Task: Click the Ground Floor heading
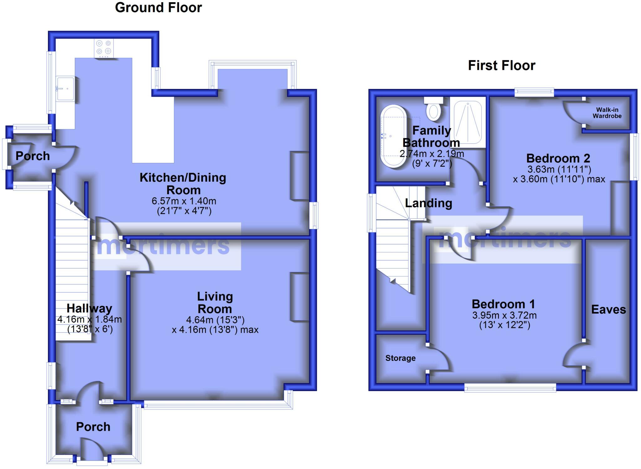(x=158, y=8)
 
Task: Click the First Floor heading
(x=501, y=65)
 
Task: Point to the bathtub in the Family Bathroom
(x=393, y=136)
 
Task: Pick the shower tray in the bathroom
(x=468, y=122)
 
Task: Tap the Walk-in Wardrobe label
(x=607, y=113)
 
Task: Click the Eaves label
(x=608, y=310)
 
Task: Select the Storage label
(x=400, y=358)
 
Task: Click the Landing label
(x=428, y=203)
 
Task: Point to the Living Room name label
(x=215, y=303)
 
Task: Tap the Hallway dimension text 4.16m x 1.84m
(x=90, y=320)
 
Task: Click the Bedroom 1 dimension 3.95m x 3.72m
(x=504, y=315)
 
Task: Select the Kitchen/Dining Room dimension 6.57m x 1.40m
(x=184, y=201)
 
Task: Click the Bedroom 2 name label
(x=558, y=158)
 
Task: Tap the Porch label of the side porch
(x=33, y=156)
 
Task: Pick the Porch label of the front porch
(x=93, y=427)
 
